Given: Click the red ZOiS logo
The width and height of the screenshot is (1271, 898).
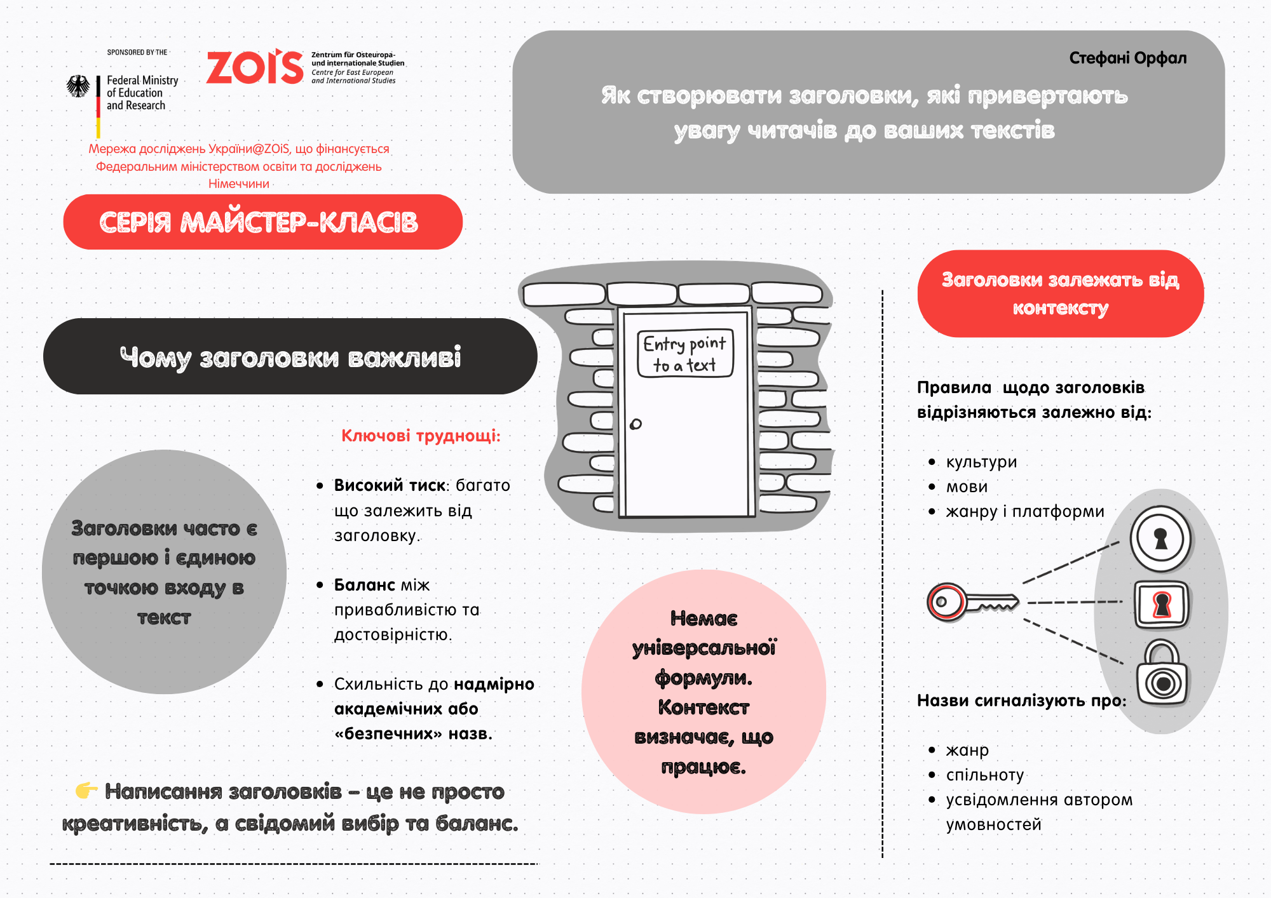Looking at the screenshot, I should (255, 67).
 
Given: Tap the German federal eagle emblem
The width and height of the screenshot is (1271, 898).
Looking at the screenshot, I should (79, 86).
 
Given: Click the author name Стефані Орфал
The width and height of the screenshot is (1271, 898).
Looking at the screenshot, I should (1127, 58).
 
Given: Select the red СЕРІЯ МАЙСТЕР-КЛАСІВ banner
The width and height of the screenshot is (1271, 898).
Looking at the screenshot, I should (262, 222).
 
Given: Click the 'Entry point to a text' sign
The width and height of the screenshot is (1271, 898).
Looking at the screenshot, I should (685, 354).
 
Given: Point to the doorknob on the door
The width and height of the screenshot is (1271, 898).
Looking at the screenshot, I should (635, 424).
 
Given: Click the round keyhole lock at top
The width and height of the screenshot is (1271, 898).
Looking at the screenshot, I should (1160, 539).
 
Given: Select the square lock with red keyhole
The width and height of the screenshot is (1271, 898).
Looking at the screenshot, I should (1161, 604).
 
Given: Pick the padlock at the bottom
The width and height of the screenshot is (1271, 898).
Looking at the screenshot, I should (1162, 675).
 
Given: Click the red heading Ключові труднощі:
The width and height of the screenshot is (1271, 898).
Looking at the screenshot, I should (421, 436).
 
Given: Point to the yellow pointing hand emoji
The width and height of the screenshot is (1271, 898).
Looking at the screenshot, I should (86, 791).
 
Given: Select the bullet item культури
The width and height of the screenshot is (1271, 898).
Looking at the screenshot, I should (981, 462).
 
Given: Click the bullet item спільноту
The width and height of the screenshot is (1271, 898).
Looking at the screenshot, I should (984, 775).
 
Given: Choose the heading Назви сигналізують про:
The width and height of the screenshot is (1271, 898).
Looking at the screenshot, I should (1021, 700).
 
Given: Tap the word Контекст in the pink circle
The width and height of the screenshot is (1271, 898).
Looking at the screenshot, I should (703, 707).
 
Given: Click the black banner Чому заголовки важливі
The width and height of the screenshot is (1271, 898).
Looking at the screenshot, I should (290, 357).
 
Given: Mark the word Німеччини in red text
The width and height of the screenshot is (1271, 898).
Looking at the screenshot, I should (239, 184).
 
